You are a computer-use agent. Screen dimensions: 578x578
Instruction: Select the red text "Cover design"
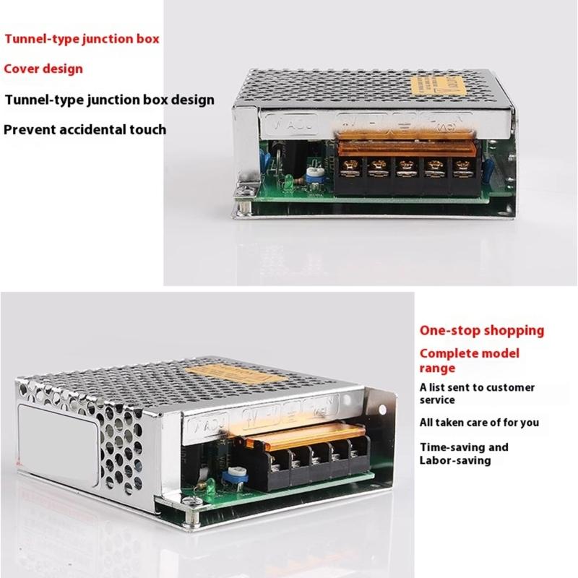pos(43,69)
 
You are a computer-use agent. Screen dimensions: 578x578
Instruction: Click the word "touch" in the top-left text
pos(147,130)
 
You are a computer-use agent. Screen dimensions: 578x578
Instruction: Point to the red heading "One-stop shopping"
pos(482,330)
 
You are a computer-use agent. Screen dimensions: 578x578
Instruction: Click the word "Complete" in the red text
pos(449,353)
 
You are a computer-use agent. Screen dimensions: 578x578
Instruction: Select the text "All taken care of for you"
pos(480,422)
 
